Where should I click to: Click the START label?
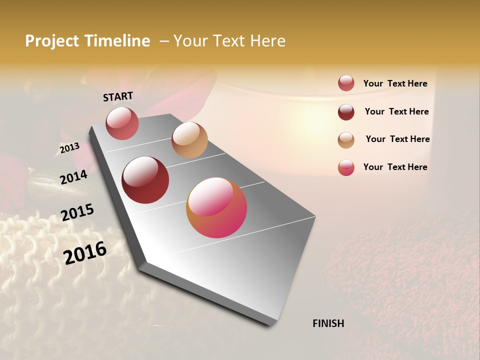(118, 96)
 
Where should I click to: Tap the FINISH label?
(328, 323)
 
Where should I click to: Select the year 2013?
(69, 148)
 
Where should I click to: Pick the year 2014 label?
(73, 177)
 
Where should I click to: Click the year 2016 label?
(85, 252)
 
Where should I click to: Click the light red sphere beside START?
(122, 123)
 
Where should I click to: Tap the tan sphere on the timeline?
(189, 140)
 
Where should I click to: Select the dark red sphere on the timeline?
(145, 180)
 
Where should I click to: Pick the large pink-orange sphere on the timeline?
(216, 207)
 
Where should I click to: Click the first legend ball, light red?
(346, 83)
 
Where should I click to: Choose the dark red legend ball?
(346, 111)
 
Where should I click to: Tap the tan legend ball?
(346, 139)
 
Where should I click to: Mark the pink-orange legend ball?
(346, 167)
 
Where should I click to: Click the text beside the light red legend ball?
(395, 83)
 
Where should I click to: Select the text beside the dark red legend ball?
(396, 111)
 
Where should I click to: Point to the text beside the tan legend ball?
(397, 139)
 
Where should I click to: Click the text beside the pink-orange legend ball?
(395, 167)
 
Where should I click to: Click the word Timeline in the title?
(117, 41)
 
